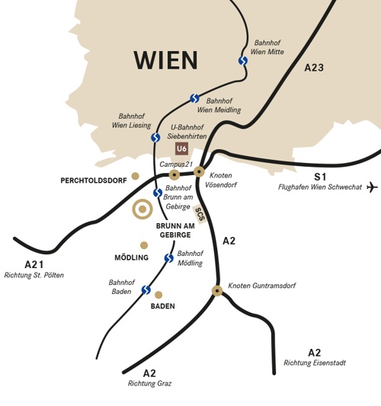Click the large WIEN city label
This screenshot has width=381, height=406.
[165, 60]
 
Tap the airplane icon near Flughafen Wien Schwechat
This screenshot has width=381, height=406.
[372, 187]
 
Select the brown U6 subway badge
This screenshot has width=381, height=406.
[181, 149]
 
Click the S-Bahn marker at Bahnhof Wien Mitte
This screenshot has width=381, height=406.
[242, 60]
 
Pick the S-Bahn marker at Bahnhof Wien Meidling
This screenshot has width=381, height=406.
[194, 98]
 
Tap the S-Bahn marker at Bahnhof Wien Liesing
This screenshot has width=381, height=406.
[155, 138]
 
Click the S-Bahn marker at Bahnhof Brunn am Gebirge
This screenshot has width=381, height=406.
[157, 193]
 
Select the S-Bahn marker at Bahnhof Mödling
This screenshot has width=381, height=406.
[168, 258]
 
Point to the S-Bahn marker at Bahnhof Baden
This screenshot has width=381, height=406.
[146, 289]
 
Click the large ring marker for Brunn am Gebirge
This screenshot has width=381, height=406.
[142, 209]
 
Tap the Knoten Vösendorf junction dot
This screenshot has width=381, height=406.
[199, 171]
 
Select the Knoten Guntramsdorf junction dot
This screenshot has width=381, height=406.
[217, 290]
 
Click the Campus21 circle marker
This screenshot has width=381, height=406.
[174, 175]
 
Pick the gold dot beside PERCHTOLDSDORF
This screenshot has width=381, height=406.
[136, 176]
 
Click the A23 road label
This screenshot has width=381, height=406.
[314, 68]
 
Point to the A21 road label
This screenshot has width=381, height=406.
[34, 264]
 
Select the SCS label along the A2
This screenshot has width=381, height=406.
[200, 214]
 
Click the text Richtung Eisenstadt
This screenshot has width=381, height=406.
[314, 363]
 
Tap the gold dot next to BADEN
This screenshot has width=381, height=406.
[158, 295]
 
